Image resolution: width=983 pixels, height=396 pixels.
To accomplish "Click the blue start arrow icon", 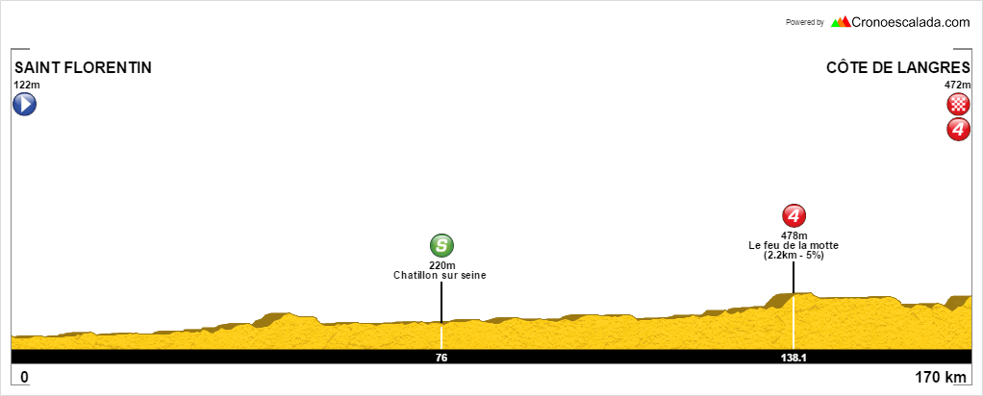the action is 24,104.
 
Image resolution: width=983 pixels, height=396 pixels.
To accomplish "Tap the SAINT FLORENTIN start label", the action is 84,67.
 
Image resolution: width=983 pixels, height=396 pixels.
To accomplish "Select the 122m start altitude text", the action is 26,86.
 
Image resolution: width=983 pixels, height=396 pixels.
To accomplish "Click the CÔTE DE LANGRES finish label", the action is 898,67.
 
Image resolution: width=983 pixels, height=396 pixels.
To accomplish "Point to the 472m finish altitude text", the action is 958,86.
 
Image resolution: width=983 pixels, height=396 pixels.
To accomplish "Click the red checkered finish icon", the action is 959,105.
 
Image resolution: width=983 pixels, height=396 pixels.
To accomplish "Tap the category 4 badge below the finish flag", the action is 959,129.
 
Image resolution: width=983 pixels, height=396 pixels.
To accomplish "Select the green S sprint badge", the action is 441,246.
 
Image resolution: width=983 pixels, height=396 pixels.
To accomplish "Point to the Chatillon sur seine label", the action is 441,275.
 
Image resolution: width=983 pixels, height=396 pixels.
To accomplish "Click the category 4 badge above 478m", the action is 794,216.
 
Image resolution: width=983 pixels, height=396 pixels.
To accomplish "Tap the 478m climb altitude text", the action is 794,235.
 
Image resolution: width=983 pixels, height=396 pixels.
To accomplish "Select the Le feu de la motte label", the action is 794,246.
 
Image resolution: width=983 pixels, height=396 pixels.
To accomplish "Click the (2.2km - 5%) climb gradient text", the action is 794,255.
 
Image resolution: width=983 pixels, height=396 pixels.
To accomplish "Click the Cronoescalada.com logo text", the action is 910,22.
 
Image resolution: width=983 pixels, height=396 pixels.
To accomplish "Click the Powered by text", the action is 805,22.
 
